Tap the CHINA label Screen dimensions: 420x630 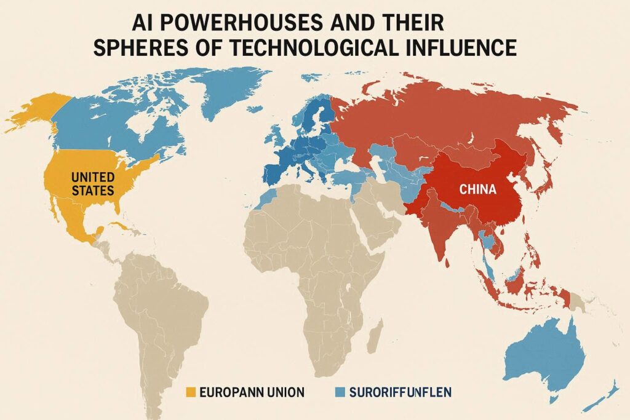point(477,189)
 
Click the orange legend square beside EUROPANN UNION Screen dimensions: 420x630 point(190,391)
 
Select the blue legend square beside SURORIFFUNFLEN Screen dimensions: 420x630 point(340,391)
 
